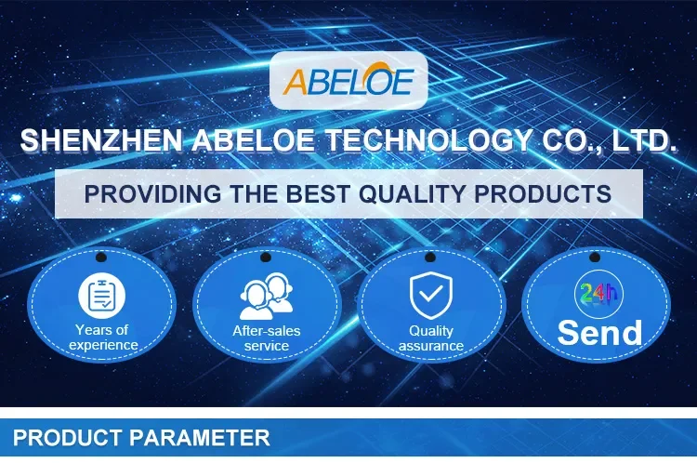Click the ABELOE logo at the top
[348, 80]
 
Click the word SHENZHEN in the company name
[101, 139]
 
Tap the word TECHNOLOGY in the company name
[429, 139]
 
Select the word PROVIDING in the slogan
[152, 194]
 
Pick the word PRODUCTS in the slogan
[543, 194]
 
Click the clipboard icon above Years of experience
[102, 296]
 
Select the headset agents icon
[267, 297]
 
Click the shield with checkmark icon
[430, 296]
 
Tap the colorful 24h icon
[598, 294]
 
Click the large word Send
[599, 332]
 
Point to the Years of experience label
[102, 337]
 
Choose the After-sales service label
[267, 338]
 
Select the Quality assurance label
[430, 338]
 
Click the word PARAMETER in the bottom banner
[200, 438]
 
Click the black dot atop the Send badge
[595, 258]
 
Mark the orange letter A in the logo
[296, 82]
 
